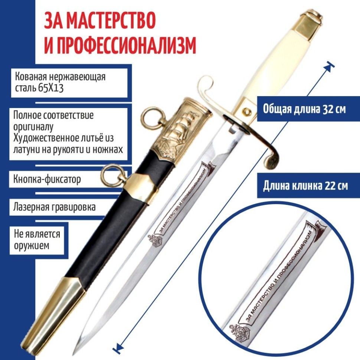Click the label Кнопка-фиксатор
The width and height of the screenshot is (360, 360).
coord(47,179)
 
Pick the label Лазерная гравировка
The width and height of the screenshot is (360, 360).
coord(55,207)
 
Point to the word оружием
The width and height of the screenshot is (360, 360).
coord(32,246)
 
